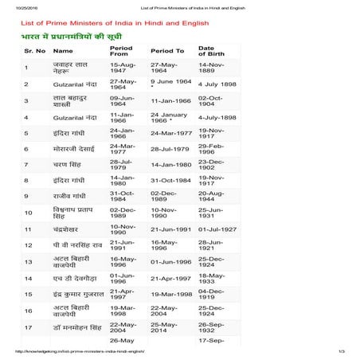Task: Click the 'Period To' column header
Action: coord(167,50)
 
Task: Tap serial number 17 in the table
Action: coord(28,327)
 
